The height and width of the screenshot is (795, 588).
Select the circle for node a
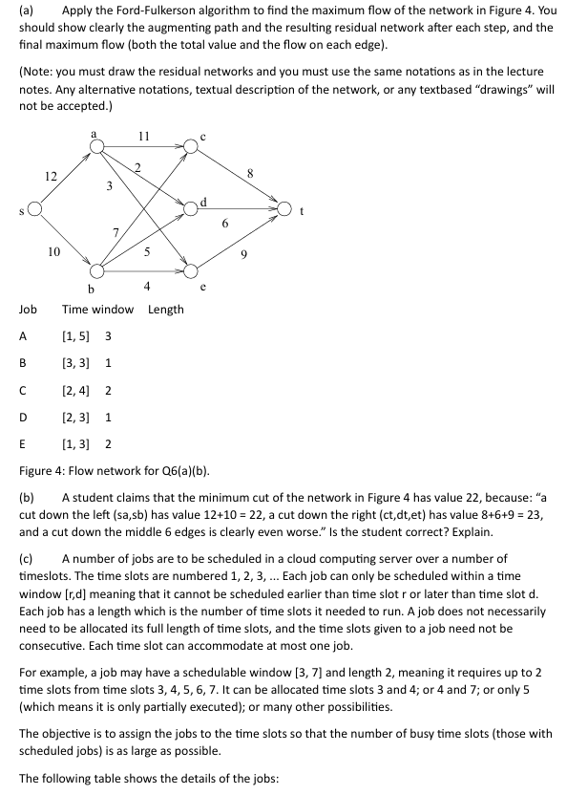[x=95, y=147]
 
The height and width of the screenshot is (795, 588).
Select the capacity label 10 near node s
[x=53, y=251]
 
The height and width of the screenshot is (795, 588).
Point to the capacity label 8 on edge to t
[x=250, y=173]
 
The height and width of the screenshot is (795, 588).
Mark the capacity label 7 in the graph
[x=115, y=232]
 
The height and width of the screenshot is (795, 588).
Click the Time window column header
[x=97, y=309]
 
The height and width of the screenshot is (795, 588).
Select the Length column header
[x=166, y=309]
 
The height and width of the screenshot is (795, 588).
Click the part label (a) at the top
[x=27, y=11]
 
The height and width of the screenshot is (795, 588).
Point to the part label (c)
[x=27, y=558]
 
